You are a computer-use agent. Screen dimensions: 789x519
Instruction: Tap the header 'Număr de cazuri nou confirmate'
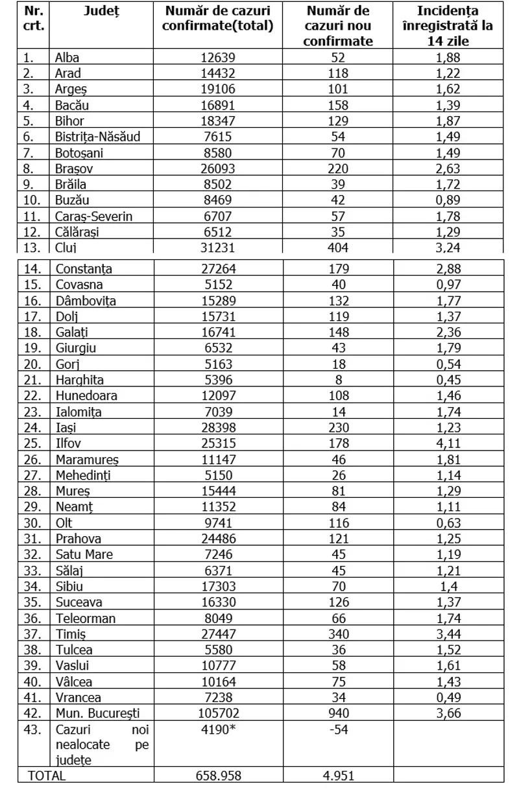338,27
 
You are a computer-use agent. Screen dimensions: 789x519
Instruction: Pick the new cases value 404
338,246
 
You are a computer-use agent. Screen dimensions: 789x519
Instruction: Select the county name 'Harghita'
80,380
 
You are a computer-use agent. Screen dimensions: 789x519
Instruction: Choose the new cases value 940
338,713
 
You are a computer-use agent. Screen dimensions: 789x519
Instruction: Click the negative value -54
338,729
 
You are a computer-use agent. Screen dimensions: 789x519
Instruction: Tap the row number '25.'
33,443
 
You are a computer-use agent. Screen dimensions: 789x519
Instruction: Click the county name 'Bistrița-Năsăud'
97,137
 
